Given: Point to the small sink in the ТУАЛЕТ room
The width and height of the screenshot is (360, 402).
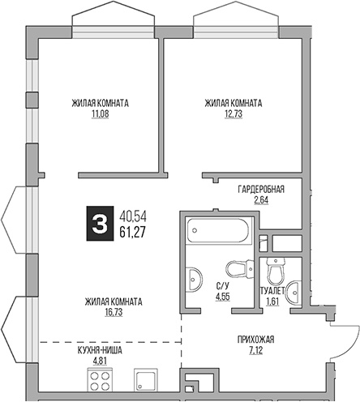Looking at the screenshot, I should point(295,285).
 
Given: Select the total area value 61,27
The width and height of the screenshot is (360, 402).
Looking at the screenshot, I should point(134,233).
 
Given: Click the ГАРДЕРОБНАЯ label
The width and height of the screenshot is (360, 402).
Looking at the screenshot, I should point(260,189).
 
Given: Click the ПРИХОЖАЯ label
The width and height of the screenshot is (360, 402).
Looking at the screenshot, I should point(257,340).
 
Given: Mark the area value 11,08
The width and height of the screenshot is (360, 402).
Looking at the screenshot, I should point(101,114).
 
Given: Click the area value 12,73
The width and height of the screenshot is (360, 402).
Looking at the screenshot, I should point(233,114).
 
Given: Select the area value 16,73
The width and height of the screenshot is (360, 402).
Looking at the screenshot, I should point(113,312).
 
